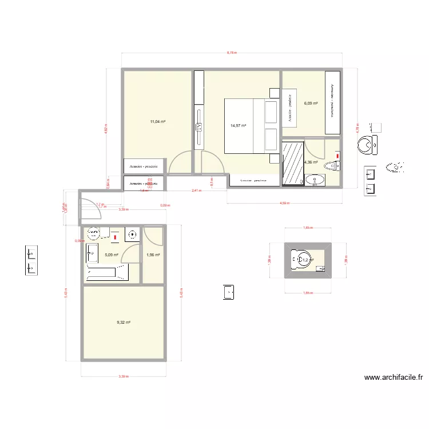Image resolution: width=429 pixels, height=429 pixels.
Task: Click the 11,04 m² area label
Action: click(x=158, y=122)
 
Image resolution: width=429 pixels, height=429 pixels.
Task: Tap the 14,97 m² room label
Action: click(x=238, y=126)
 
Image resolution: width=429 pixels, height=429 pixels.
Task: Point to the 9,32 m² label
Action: click(x=124, y=323)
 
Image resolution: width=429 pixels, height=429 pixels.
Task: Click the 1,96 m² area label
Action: click(x=153, y=255)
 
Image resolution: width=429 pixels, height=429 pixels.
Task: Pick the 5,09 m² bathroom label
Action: click(x=112, y=255)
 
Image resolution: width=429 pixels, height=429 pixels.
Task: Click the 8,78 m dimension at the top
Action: click(x=232, y=53)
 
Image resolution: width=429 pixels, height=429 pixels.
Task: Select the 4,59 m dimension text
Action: click(x=284, y=202)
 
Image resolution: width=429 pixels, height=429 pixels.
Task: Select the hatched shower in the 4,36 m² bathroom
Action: click(x=293, y=162)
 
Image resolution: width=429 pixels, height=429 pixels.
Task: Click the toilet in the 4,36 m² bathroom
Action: click(x=332, y=166)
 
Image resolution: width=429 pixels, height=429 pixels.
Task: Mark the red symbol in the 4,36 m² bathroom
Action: click(x=337, y=155)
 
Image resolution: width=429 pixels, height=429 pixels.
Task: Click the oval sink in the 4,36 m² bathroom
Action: click(x=315, y=181)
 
